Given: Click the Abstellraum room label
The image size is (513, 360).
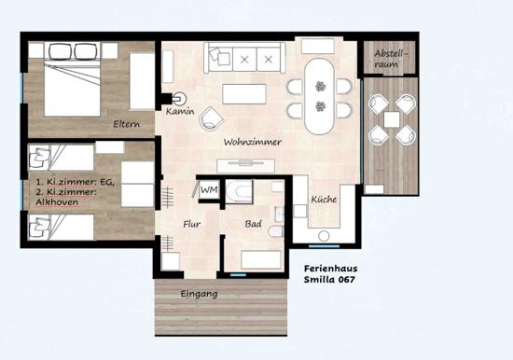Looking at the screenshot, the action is point(392,59).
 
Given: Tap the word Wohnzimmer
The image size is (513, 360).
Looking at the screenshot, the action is point(253,142).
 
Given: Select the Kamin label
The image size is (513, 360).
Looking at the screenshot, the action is point(180,111).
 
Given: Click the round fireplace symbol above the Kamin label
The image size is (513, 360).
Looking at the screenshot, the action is point(179,98).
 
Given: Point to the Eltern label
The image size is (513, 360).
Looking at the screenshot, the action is point(126,124).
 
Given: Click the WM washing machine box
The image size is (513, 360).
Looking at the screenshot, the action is point(209,189).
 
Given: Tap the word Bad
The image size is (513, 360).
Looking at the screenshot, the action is point(253,224).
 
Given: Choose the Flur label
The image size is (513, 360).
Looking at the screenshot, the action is point(192,224).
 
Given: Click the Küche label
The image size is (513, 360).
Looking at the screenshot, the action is point(324,200).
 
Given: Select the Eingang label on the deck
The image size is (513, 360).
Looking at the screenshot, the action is point(199,294).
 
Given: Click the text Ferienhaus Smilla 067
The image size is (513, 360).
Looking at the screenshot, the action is point(330,274).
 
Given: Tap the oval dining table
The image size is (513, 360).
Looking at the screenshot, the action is point(320,96).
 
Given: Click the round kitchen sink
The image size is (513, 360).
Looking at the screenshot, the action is point(324,236).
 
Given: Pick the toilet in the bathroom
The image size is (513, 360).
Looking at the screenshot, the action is point(275,231).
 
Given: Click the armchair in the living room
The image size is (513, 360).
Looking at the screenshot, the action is point(212,118).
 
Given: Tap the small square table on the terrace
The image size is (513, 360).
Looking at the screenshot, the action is point(392,119).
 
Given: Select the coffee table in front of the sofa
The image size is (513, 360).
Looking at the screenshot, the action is point(244,94).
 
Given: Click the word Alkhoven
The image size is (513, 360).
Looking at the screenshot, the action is point(57,202).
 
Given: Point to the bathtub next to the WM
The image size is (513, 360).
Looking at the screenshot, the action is point(239,191).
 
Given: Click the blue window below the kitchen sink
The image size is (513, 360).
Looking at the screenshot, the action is point(325,246).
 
